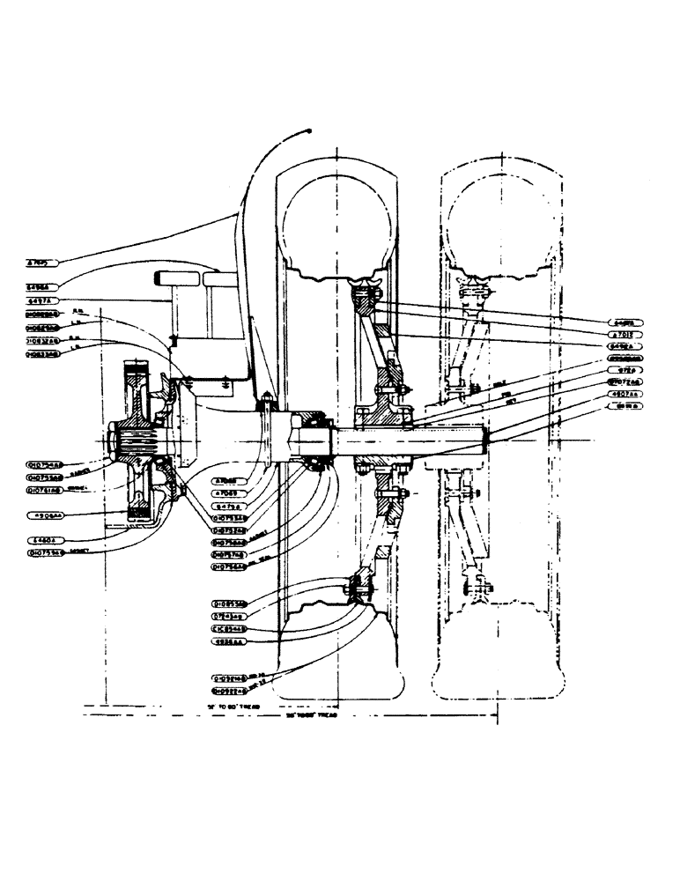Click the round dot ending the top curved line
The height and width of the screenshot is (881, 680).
(x=311, y=130)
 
